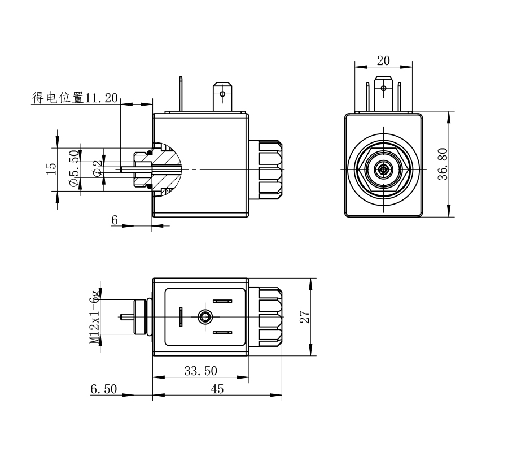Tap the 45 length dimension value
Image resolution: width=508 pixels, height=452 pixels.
click(x=217, y=389)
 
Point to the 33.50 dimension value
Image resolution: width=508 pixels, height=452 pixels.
click(x=200, y=371)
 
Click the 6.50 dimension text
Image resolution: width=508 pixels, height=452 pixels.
click(x=103, y=389)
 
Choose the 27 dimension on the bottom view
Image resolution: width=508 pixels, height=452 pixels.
click(x=305, y=316)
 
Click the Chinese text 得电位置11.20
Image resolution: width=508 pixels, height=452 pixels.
click(x=75, y=98)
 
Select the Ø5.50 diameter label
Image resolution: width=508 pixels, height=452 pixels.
click(x=73, y=169)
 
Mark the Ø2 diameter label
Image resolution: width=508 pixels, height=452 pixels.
click(x=97, y=168)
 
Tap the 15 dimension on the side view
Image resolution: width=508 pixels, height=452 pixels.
click(x=51, y=169)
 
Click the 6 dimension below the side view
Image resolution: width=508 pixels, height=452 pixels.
click(x=115, y=220)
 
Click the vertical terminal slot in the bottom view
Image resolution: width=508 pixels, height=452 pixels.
click(x=181, y=317)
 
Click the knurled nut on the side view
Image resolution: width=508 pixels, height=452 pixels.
click(x=270, y=169)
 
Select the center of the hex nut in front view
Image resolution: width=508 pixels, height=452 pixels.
click(x=384, y=169)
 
